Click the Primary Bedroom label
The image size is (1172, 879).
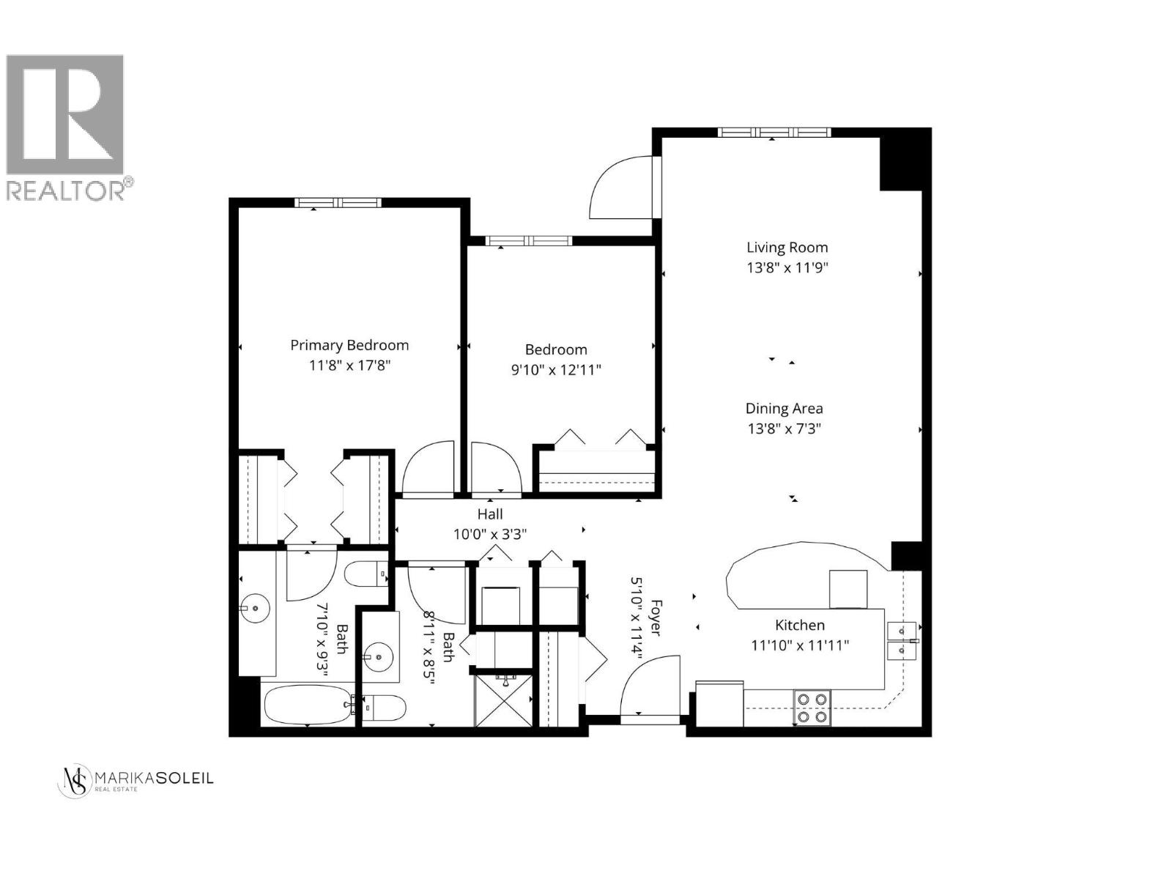click(x=349, y=345)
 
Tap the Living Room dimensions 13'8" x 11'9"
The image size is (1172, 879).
click(x=787, y=268)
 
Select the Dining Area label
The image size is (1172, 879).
click(x=784, y=409)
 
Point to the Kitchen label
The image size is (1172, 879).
click(x=800, y=625)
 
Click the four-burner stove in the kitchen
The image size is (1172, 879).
click(x=812, y=708)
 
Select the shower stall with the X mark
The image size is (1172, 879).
click(x=505, y=700)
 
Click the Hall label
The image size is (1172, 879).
click(x=490, y=514)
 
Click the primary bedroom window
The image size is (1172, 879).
click(x=338, y=203)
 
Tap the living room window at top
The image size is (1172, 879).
click(x=774, y=133)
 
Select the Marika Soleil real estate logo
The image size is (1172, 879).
click(x=136, y=780)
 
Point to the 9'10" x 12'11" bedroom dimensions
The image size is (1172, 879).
click(x=556, y=370)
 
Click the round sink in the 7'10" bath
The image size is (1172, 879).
click(x=254, y=607)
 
